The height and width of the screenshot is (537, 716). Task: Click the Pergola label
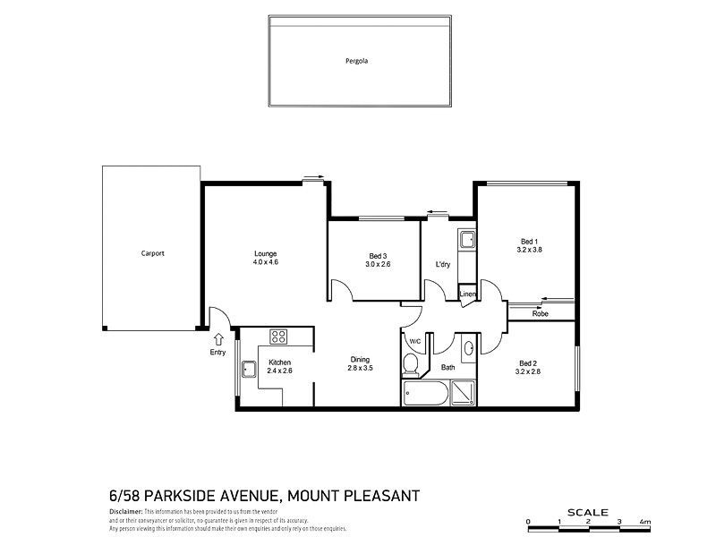(357, 62)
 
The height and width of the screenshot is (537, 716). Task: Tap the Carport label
(152, 253)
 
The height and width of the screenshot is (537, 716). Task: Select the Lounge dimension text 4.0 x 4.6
(265, 262)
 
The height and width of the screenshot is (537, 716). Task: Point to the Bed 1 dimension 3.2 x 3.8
(530, 251)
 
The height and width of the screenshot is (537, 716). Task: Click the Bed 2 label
(528, 362)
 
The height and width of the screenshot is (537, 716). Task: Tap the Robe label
(540, 314)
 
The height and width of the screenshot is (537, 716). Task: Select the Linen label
(466, 294)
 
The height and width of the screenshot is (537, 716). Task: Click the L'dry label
(442, 265)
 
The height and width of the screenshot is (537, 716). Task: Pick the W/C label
(415, 342)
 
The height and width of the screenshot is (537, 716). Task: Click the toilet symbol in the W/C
(411, 365)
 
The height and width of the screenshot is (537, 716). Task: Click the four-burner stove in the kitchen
(278, 337)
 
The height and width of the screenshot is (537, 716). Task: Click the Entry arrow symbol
(218, 338)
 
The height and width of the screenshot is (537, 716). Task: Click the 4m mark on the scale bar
(645, 521)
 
